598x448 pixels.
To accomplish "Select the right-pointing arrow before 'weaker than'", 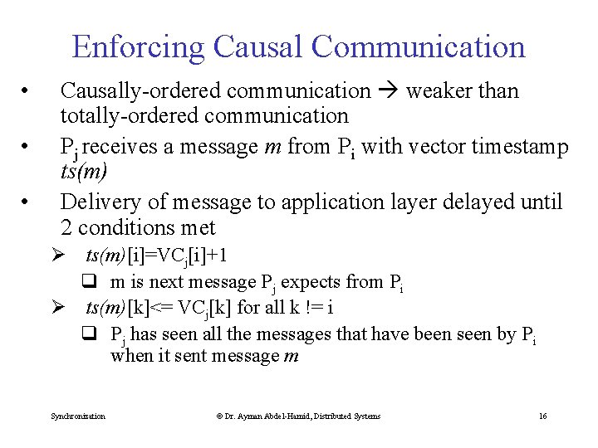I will tap(388, 90).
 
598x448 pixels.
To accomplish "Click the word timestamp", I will tap(520, 147).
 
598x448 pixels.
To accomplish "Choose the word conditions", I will tap(125, 227).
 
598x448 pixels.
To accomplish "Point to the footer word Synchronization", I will tap(78, 416).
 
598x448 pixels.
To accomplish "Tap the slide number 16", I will tap(542, 416).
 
